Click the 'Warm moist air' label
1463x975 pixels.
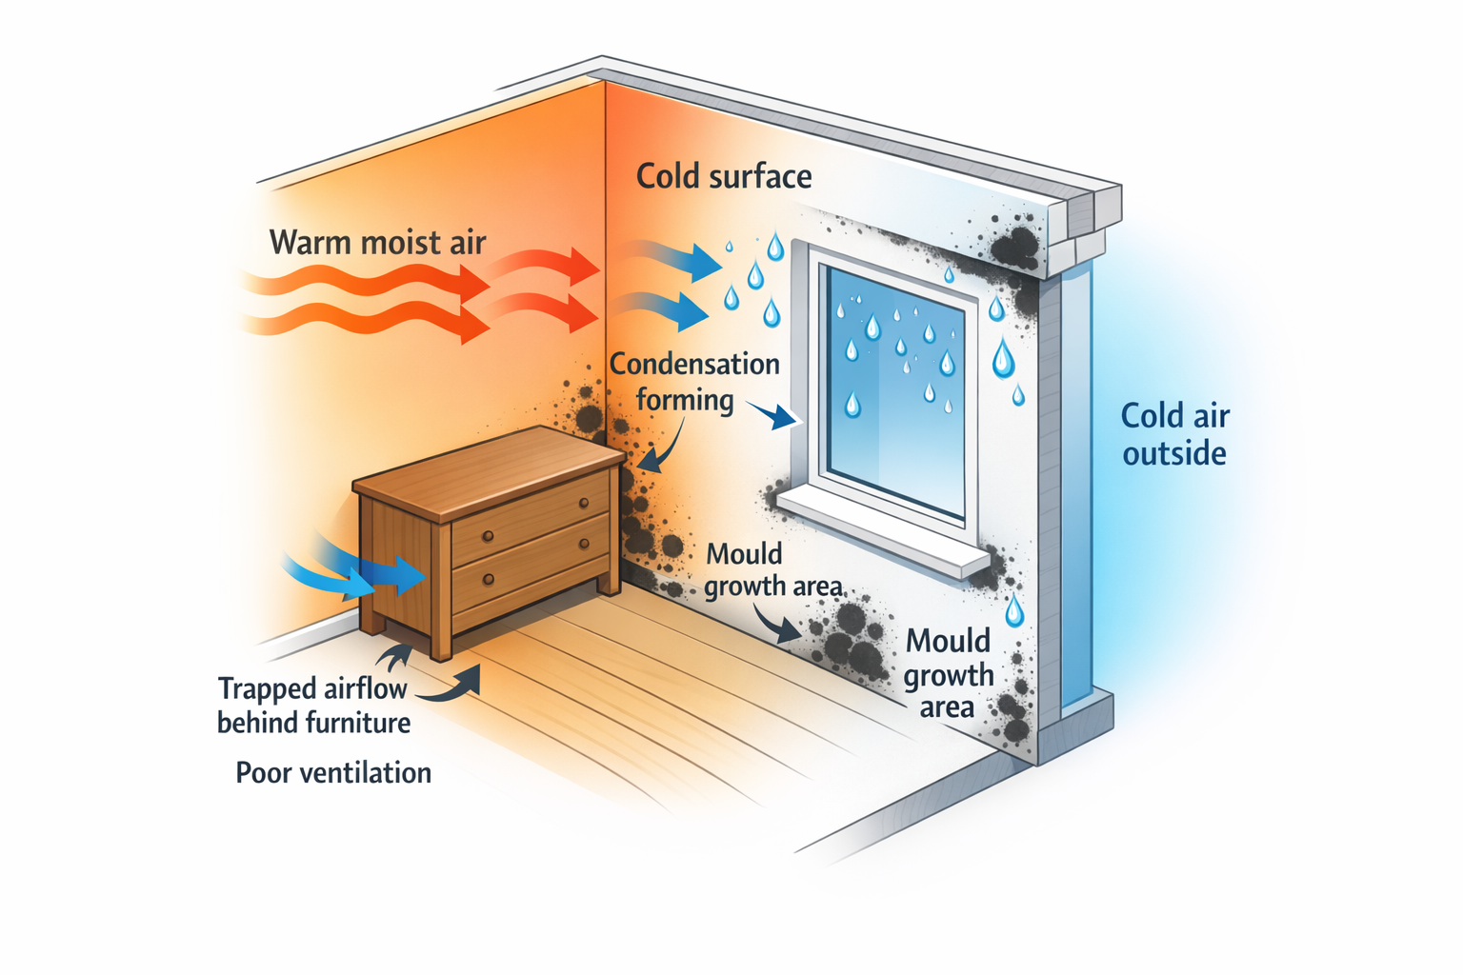click(x=377, y=242)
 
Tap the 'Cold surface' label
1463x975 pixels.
click(x=724, y=176)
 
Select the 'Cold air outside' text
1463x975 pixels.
click(x=1174, y=434)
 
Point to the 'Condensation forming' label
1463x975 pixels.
click(x=694, y=381)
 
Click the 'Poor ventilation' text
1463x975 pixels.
click(x=333, y=772)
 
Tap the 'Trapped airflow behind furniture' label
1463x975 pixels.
click(x=313, y=706)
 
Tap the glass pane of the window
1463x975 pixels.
click(x=895, y=381)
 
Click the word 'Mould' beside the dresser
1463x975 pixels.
click(x=744, y=554)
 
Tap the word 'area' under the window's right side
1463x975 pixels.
click(x=946, y=707)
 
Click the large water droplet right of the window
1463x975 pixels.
click(x=1003, y=359)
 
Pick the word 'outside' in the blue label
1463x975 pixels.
click(x=1174, y=453)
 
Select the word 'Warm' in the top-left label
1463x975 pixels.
click(x=306, y=242)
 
